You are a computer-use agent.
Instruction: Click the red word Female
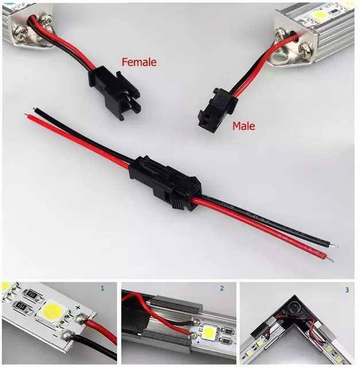(139, 63)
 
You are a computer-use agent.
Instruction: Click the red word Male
(243, 126)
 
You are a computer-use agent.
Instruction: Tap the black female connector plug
(114, 92)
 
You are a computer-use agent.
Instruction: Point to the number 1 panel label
(102, 288)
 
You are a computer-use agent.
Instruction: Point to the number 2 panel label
(222, 288)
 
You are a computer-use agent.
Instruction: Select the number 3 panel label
(347, 290)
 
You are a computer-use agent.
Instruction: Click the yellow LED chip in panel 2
(210, 332)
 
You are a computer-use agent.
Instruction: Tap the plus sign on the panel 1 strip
(78, 307)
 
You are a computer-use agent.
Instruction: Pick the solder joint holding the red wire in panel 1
(82, 319)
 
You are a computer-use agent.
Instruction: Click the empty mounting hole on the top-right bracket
(279, 57)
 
